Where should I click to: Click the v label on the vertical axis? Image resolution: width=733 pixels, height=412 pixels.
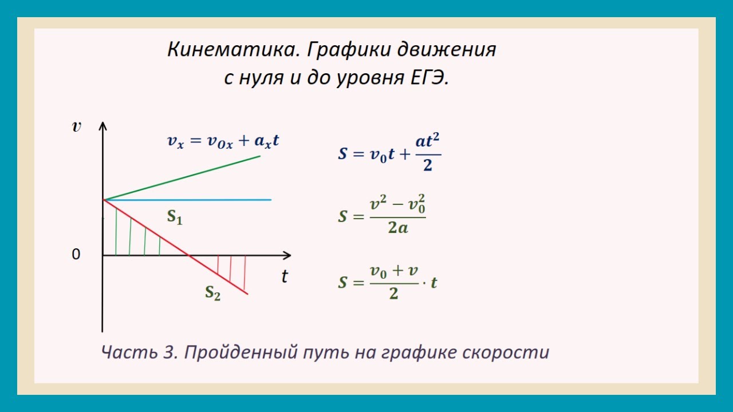[x=77, y=127]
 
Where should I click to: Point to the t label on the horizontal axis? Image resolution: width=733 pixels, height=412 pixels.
[x=285, y=277]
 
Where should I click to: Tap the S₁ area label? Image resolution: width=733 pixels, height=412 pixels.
[x=175, y=217]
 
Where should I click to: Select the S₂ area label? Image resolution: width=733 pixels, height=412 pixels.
[x=213, y=293]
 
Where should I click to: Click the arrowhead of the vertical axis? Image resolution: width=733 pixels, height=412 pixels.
[x=103, y=126]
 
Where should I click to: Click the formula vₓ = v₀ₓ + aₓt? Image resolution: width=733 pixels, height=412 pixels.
[x=223, y=141]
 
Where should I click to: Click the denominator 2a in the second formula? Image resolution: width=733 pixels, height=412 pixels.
[x=397, y=228]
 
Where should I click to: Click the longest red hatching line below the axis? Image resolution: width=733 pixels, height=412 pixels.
[x=245, y=273]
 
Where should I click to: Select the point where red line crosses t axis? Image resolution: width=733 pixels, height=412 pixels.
[x=189, y=255]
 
